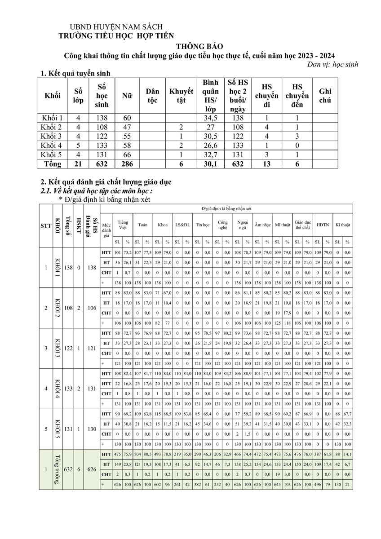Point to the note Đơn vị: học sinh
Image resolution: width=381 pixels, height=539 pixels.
329,65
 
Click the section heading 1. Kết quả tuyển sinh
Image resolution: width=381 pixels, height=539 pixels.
75,74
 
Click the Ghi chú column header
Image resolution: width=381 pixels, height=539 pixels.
325,96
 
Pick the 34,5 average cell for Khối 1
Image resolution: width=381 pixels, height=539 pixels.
210,118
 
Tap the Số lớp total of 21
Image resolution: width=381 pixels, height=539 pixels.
78,164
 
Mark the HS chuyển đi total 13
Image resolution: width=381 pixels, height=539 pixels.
266,164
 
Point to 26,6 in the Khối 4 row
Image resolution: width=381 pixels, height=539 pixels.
210,146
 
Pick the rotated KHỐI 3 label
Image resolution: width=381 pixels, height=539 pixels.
57,348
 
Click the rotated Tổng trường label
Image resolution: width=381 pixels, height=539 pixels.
57,469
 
